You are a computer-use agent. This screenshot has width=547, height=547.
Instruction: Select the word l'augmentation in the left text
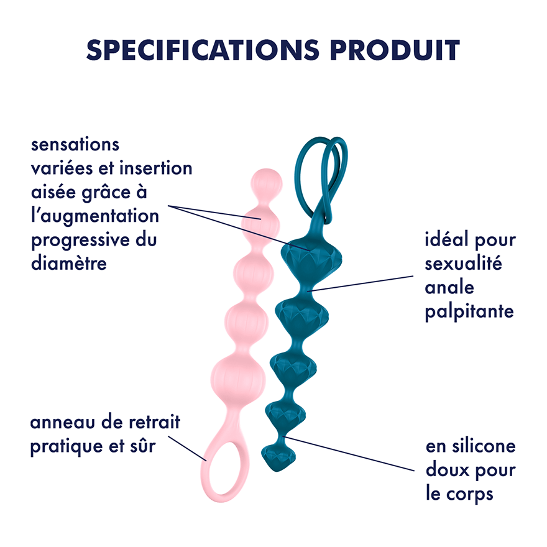coord(94,216)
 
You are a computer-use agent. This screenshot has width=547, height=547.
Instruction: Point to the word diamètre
coord(69,264)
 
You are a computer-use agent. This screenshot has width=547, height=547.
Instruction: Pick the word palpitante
coord(469,311)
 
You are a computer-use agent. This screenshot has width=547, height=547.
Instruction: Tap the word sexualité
coord(463,264)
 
